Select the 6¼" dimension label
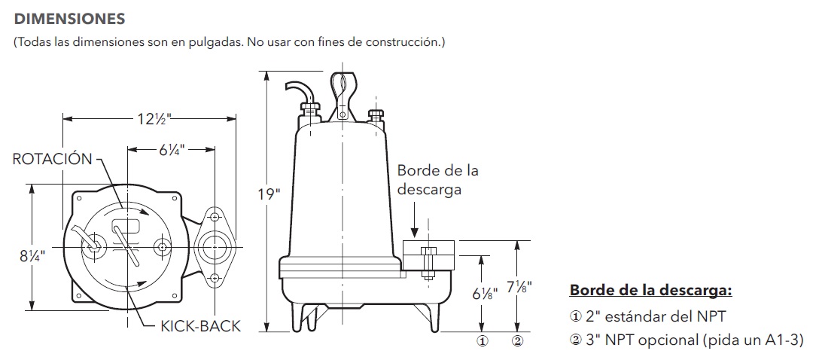(x=172, y=149)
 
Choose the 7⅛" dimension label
(x=516, y=288)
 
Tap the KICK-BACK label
(x=201, y=326)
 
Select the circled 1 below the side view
(x=481, y=340)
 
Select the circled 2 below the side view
(x=517, y=340)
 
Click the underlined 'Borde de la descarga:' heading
(x=650, y=290)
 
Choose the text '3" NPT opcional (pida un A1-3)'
(x=687, y=340)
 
